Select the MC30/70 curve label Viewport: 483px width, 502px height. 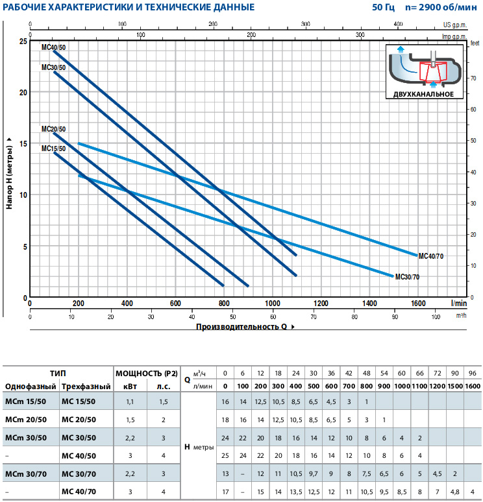(x=407, y=277)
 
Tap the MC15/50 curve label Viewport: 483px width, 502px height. (x=53, y=149)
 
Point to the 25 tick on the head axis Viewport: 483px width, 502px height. (x=23, y=41)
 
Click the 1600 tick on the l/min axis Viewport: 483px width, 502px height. (x=417, y=303)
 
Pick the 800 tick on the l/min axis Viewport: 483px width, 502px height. (x=224, y=303)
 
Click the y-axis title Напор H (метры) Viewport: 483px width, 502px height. (x=10, y=172)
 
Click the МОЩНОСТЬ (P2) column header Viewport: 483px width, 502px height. (x=146, y=374)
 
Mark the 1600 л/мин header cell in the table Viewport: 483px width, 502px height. (x=473, y=386)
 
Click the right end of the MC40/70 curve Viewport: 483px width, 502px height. (x=417, y=254)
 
